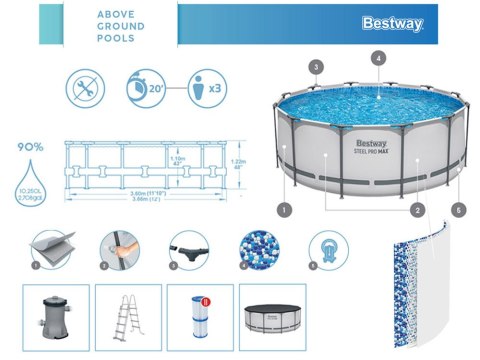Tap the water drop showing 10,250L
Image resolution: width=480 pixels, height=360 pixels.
click(x=30, y=181)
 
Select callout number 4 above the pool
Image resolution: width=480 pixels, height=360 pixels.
click(x=378, y=59)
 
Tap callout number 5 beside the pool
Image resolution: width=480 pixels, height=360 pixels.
click(x=459, y=211)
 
